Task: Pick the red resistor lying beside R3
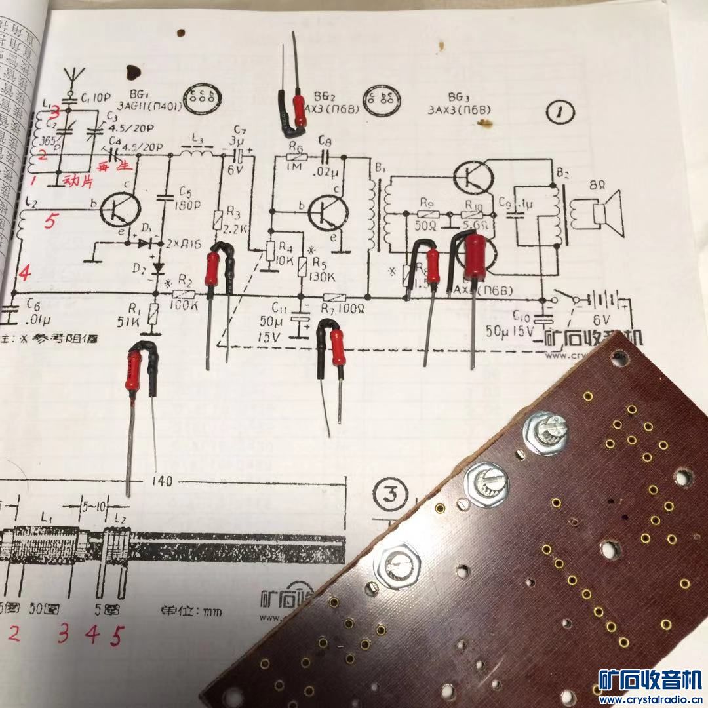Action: [212, 268]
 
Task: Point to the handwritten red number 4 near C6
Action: [24, 272]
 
